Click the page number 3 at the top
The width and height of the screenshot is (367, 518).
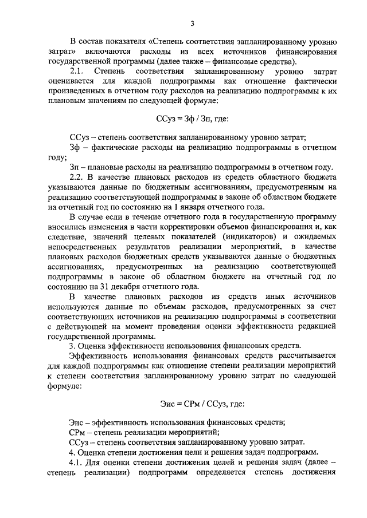tap(193, 23)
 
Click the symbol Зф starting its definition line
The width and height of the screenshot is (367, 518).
tap(75, 148)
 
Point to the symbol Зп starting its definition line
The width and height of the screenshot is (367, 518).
tap(75, 168)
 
